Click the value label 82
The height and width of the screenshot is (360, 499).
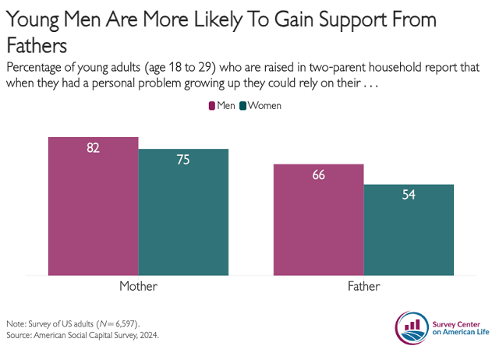pyautogui.click(x=94, y=148)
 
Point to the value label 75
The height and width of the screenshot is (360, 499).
pyautogui.click(x=183, y=160)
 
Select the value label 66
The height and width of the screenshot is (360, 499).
pyautogui.click(x=318, y=175)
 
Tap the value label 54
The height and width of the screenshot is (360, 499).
pyautogui.click(x=409, y=196)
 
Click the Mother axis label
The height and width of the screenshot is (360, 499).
pyautogui.click(x=138, y=287)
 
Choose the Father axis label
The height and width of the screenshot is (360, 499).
pyautogui.click(x=363, y=287)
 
